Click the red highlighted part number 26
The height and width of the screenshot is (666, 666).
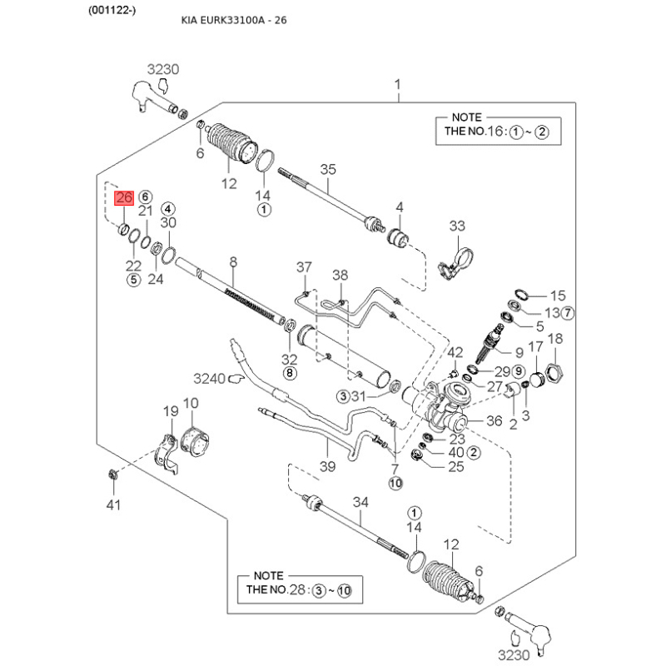pyautogui.click(x=124, y=198)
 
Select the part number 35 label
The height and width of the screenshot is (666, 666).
pyautogui.click(x=328, y=170)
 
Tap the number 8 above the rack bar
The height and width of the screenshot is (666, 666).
pyautogui.click(x=233, y=262)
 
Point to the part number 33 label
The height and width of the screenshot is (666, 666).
pyautogui.click(x=458, y=226)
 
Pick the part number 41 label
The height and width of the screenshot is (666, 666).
pyautogui.click(x=113, y=504)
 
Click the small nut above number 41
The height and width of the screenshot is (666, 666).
pyautogui.click(x=112, y=475)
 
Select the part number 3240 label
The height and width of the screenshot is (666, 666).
pyautogui.click(x=210, y=379)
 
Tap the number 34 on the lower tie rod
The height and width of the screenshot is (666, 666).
pyautogui.click(x=360, y=502)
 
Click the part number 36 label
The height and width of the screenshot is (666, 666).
pyautogui.click(x=494, y=422)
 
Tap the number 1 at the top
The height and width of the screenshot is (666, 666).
pyautogui.click(x=397, y=85)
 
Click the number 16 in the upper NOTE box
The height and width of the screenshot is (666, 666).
pyautogui.click(x=497, y=132)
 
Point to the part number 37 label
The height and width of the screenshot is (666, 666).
pyautogui.click(x=304, y=267)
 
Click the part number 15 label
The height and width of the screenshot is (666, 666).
pyautogui.click(x=557, y=296)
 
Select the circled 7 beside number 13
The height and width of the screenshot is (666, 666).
pyautogui.click(x=569, y=313)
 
